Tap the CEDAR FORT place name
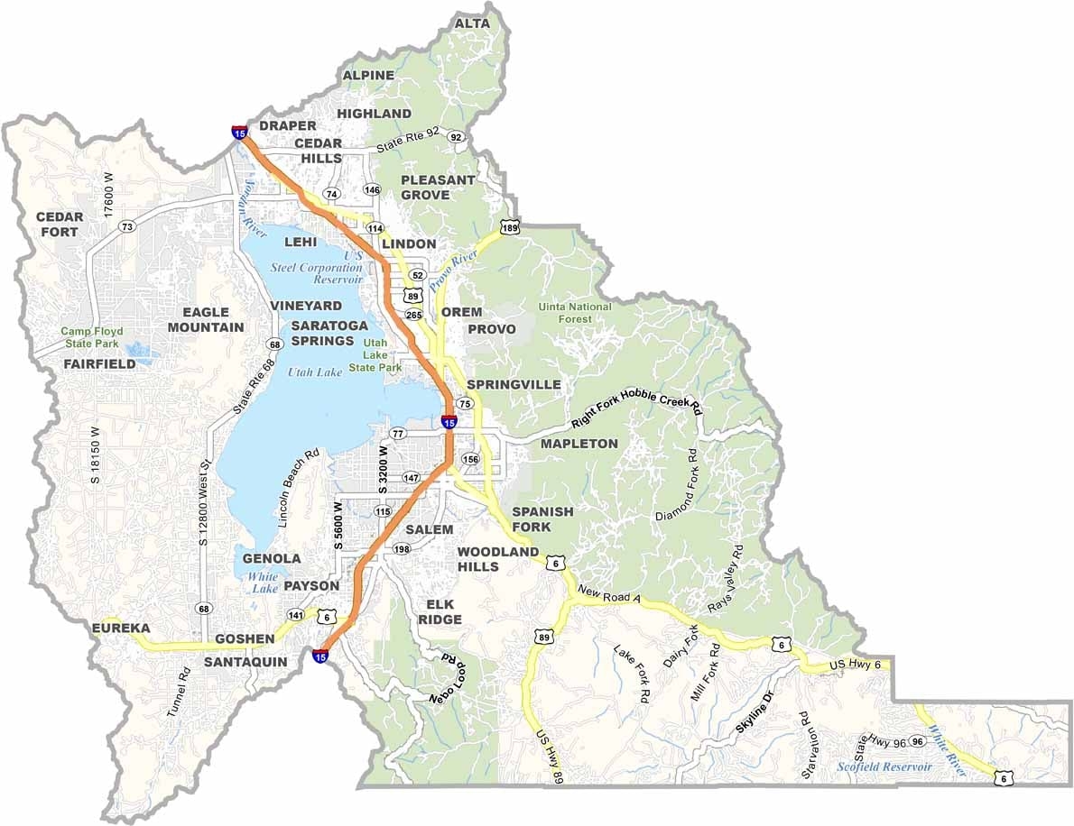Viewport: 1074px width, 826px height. pos(60,225)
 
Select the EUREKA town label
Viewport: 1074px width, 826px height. pos(120,628)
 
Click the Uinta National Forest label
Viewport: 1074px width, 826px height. pos(575,313)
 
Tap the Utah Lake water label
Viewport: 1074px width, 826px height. pos(315,372)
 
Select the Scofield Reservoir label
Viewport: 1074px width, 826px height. pos(884,766)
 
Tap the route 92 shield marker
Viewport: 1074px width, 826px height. pos(457,137)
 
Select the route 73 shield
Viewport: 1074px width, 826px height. pos(127,226)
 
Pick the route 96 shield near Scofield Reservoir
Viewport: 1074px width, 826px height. pos(917,741)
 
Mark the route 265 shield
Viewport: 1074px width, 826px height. pos(414,315)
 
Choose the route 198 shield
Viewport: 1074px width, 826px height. pos(402,549)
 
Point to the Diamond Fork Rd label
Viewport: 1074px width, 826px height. pos(679,484)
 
